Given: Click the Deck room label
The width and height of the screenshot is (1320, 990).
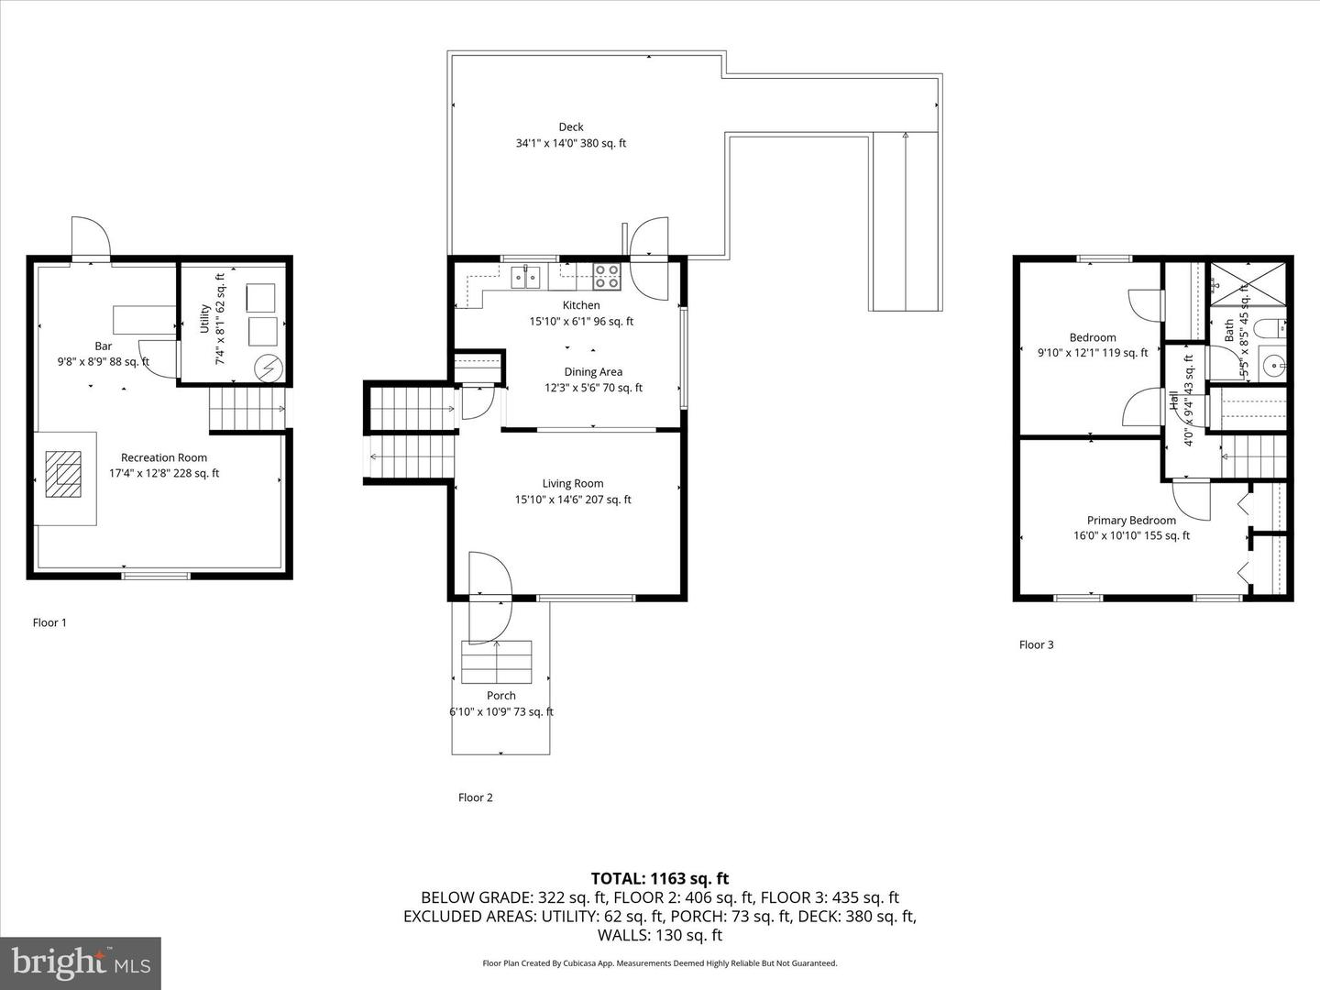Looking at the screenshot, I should [x=570, y=127].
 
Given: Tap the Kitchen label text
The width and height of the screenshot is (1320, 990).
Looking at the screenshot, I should [x=581, y=305].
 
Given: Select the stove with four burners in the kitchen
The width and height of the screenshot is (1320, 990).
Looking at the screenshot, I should [x=606, y=270].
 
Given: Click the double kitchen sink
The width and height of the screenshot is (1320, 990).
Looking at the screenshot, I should [x=525, y=275].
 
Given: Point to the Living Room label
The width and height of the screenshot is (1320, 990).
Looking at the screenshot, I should [x=572, y=484].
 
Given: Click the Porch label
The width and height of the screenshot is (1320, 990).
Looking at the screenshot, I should [x=500, y=696].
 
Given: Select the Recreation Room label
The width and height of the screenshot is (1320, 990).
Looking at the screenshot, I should [x=164, y=457].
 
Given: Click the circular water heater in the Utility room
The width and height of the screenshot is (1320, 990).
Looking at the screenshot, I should [x=269, y=368].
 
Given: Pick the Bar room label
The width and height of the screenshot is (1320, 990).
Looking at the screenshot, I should [x=103, y=346].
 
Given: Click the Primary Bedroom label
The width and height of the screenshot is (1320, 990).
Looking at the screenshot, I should [x=1131, y=521].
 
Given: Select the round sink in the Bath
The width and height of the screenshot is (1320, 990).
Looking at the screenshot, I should [x=1273, y=366].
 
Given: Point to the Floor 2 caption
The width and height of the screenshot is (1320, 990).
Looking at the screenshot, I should [x=475, y=797].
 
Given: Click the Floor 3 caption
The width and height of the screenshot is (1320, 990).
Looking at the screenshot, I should [x=1036, y=644].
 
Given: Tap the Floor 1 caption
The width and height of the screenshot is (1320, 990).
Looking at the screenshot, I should [x=49, y=622].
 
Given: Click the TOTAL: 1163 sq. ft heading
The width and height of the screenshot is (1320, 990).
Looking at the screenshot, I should [x=660, y=879].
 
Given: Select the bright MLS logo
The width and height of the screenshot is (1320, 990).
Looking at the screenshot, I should [x=81, y=962].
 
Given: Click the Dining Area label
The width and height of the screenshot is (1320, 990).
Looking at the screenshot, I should [x=593, y=372].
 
